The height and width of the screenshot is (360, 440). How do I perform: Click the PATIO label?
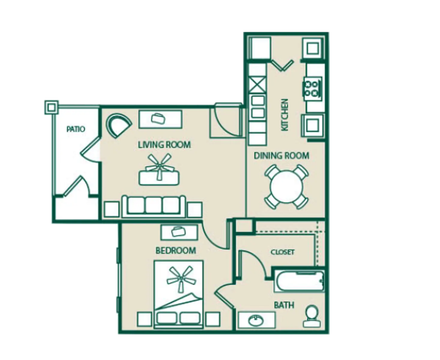[76, 129]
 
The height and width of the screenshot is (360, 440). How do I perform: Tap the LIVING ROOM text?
[164, 145]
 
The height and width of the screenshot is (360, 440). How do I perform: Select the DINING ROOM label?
[281, 155]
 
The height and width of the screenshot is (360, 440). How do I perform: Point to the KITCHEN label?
[284, 115]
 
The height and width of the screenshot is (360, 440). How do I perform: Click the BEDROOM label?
[176, 250]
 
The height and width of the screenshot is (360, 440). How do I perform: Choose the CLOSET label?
[282, 252]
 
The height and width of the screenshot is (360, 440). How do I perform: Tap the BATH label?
[284, 305]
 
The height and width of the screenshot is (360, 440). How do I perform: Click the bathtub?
[299, 281]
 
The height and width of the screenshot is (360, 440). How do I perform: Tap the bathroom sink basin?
[257, 320]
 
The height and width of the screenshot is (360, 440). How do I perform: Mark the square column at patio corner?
[51, 107]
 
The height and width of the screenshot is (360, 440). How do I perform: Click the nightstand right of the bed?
[212, 319]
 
